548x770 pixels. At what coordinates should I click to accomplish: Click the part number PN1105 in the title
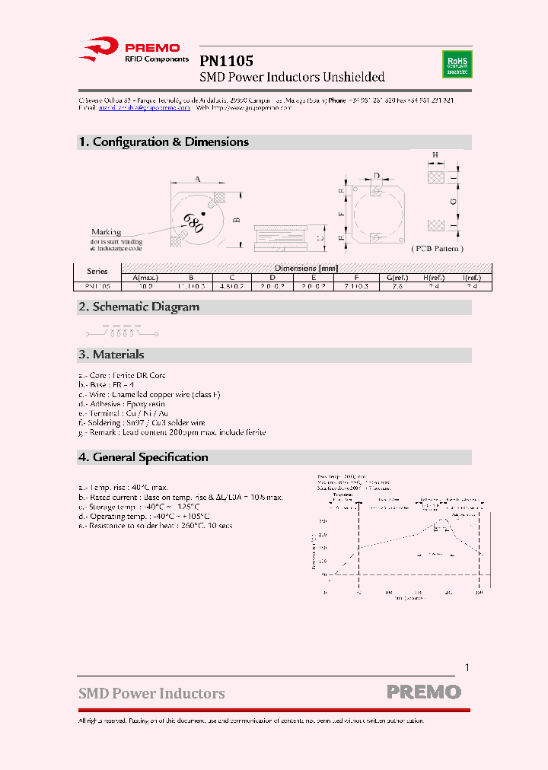click(226, 61)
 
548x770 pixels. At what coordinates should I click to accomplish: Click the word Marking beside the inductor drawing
click(107, 231)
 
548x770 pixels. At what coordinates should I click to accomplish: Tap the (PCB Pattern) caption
click(437, 249)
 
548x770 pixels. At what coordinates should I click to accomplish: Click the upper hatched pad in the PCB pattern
click(435, 177)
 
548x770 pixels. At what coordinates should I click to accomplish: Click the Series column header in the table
click(97, 272)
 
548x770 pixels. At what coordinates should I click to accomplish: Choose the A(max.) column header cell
click(145, 278)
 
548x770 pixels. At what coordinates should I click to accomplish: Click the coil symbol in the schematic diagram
click(119, 332)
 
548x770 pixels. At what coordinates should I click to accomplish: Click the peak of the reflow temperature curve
click(441, 521)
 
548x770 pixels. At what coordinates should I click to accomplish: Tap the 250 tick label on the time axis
click(478, 592)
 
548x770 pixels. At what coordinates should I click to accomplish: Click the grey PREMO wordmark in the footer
click(423, 692)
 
